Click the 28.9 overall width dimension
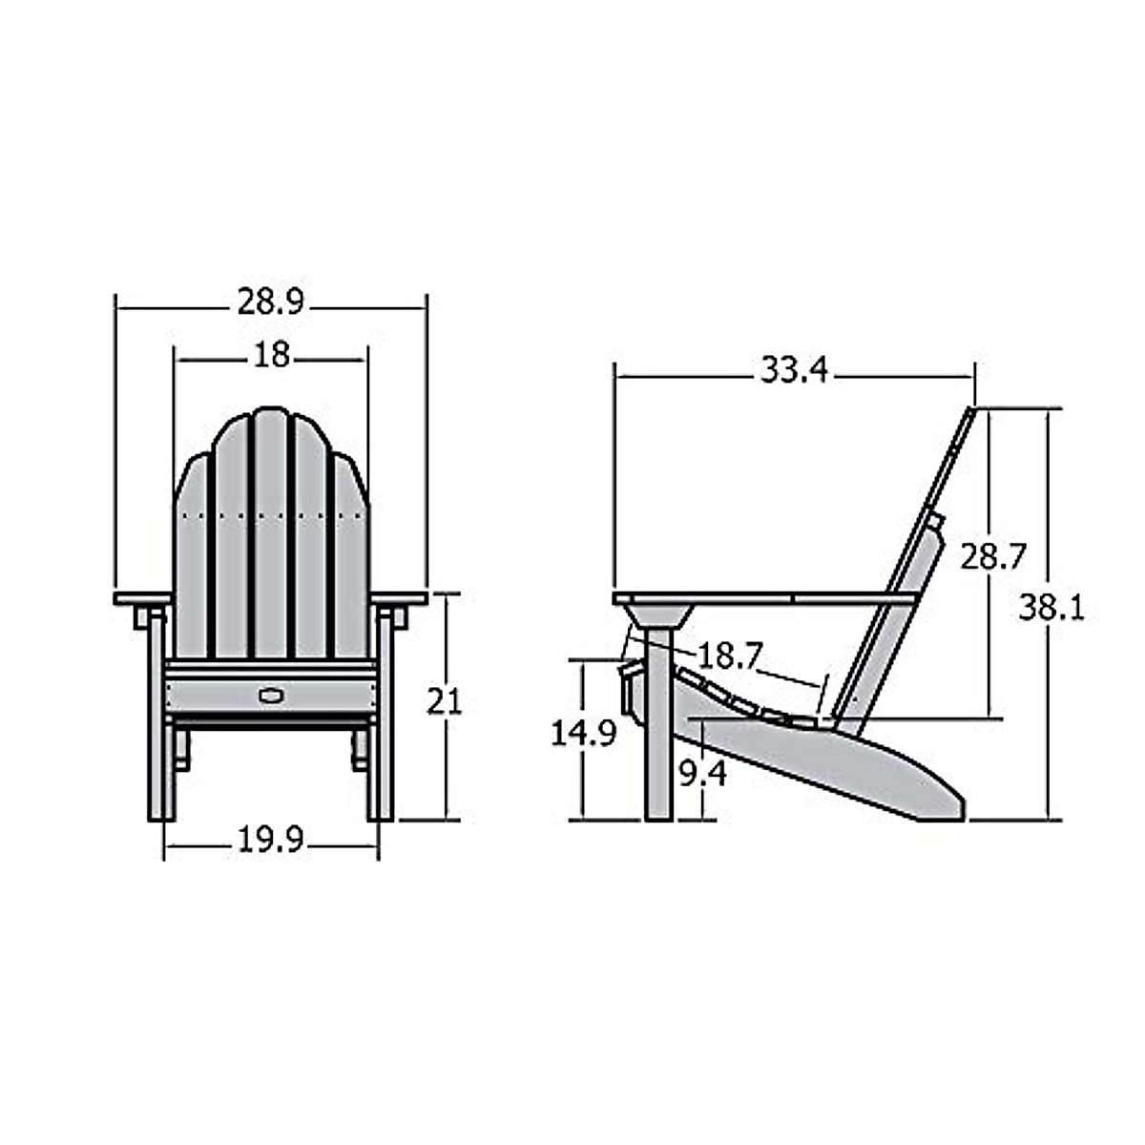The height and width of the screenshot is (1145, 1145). coord(270,303)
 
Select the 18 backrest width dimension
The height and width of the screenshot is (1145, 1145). coord(272,355)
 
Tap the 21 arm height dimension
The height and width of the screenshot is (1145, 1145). coord(444,702)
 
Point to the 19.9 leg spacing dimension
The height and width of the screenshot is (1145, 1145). coord(270,841)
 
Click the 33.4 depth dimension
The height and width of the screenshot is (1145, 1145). coord(794,370)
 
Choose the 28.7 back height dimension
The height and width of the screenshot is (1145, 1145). coord(992,556)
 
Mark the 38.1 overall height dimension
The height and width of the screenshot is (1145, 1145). coord(1051,607)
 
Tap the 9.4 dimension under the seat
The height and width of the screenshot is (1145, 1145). coord(702,772)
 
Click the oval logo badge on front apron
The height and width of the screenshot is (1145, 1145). coord(271,693)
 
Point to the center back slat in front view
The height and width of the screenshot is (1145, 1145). coord(271,534)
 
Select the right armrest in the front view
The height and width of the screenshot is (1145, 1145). coord(401,598)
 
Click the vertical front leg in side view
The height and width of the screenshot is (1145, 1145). coord(658,744)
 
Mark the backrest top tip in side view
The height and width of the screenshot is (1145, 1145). coord(970,412)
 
